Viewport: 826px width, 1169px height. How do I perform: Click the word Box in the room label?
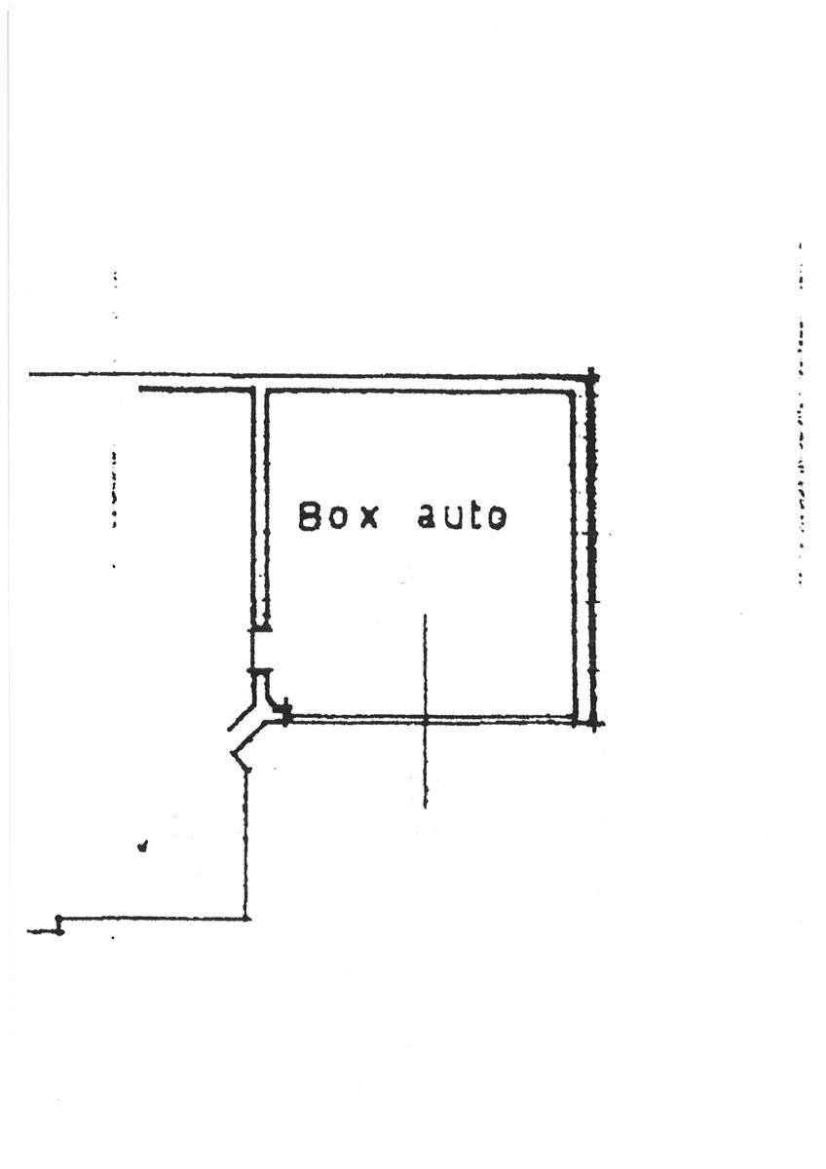[x=338, y=516]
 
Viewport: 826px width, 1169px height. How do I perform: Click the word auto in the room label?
[x=462, y=516]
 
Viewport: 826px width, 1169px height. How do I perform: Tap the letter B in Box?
[x=309, y=516]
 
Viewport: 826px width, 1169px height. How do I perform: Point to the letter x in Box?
[x=369, y=519]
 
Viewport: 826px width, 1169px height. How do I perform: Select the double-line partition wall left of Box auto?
[x=260, y=509]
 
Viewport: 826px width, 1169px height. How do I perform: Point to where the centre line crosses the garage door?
[x=426, y=720]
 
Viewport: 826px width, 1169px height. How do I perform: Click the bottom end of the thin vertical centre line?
[x=426, y=808]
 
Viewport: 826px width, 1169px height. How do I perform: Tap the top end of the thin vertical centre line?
[x=426, y=615]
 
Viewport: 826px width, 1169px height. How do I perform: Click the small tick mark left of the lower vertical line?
[x=142, y=846]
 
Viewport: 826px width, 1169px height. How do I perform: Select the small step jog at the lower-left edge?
[x=58, y=924]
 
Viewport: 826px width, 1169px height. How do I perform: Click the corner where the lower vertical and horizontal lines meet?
[x=245, y=919]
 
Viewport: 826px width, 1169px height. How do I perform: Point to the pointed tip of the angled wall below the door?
[x=232, y=752]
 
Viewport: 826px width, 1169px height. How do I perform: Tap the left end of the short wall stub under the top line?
[x=140, y=390]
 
